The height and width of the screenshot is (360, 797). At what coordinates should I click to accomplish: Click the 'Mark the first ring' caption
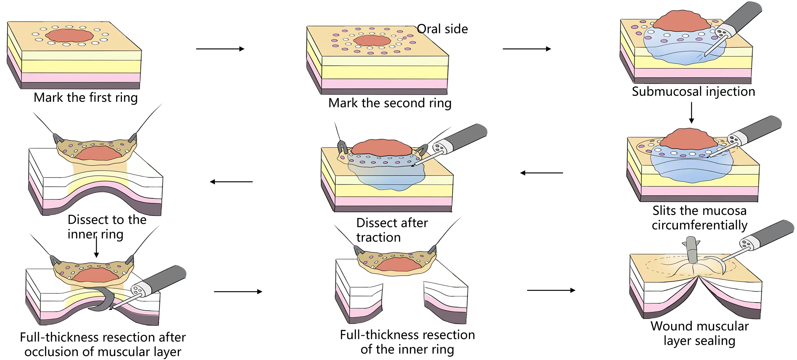(x=86, y=98)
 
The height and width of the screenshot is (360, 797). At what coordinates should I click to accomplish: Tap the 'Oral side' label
(x=442, y=29)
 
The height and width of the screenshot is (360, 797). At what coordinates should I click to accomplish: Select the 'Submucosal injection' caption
(x=693, y=91)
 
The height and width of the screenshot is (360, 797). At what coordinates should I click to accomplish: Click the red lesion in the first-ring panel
(x=70, y=35)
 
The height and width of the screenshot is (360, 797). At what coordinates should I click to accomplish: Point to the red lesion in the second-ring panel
(x=372, y=40)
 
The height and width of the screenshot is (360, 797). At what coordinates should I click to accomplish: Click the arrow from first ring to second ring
(x=220, y=49)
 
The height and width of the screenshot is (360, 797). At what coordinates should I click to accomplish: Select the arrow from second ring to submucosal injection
(x=527, y=49)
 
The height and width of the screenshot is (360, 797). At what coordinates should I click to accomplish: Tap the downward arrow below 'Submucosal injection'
(x=691, y=113)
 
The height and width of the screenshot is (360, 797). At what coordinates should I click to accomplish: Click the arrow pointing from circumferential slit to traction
(x=542, y=173)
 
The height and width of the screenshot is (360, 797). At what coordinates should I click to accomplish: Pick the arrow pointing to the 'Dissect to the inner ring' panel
(x=231, y=182)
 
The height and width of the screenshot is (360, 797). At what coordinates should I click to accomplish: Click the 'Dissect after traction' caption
(x=391, y=230)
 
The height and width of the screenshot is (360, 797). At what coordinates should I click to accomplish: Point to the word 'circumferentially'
(x=699, y=225)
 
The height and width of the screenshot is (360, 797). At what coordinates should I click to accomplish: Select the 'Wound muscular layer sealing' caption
(x=699, y=333)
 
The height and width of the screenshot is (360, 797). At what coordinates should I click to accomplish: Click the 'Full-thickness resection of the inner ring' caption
(x=407, y=342)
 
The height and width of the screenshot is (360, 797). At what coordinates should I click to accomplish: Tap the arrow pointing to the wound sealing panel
(x=551, y=290)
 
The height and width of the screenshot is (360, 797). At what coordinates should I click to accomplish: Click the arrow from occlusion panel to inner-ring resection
(x=238, y=292)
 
